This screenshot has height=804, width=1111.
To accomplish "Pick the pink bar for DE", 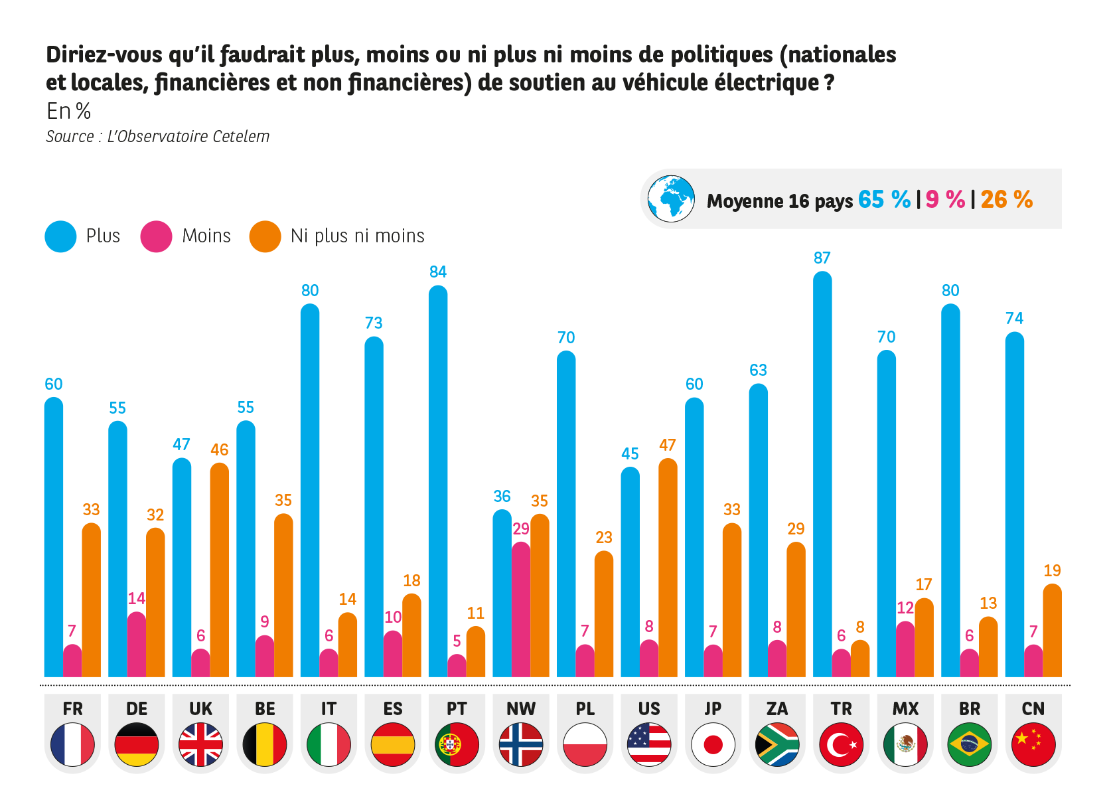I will (137, 644).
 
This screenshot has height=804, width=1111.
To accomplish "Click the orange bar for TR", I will (863, 659).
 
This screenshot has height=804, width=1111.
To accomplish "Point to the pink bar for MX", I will (905, 649).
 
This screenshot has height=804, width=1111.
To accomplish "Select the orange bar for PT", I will (479, 651).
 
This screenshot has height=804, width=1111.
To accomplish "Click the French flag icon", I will (72, 744).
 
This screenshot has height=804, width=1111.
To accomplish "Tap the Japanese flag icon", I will (713, 744).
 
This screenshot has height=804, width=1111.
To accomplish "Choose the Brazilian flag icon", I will (970, 744).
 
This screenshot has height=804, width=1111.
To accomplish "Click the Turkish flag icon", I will (841, 744).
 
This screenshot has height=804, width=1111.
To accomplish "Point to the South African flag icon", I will (777, 744).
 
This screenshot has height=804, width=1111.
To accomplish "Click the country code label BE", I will (265, 709).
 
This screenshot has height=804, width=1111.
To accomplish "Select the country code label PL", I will (585, 709).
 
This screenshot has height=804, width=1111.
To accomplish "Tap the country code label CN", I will (1033, 709).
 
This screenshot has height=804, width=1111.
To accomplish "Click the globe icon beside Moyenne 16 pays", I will (671, 199).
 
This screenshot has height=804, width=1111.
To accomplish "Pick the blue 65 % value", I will (884, 199).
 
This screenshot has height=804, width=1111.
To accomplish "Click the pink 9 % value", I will (945, 199).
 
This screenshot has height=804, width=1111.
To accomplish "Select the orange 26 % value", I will (1006, 199).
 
